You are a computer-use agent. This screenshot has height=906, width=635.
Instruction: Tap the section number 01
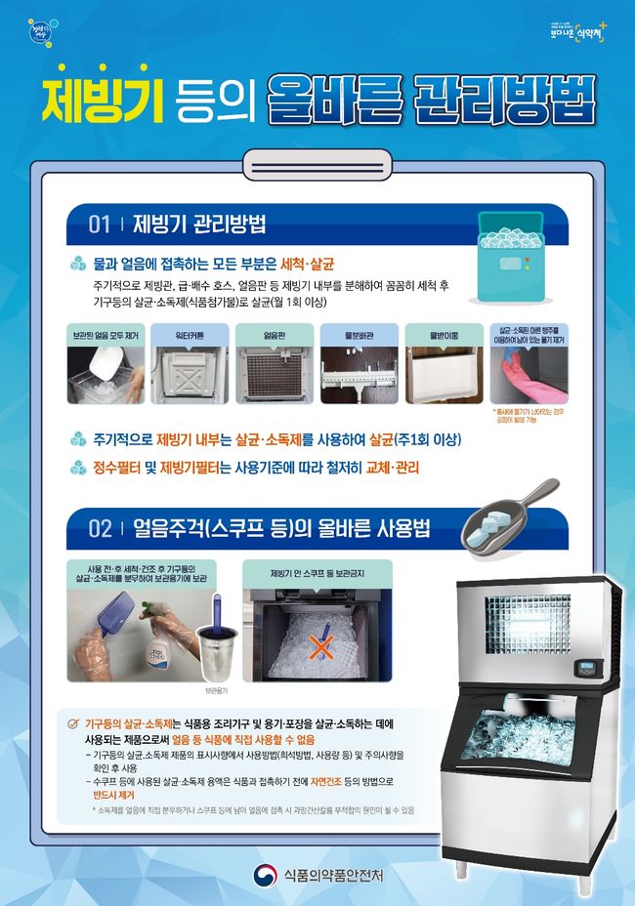click(x=99, y=225)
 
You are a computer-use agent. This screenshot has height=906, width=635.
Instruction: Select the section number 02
click(x=100, y=529)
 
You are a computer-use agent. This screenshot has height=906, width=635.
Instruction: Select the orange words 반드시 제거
click(x=112, y=795)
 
